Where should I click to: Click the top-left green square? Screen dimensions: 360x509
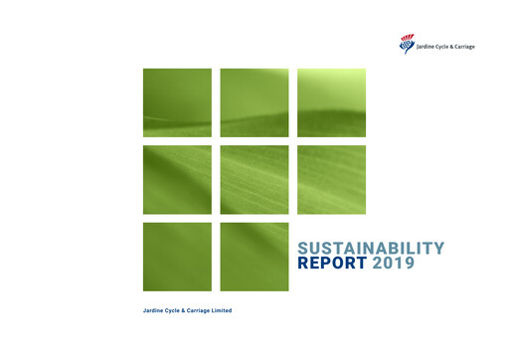[x=177, y=102]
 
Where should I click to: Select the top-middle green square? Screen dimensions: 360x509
[x=254, y=102]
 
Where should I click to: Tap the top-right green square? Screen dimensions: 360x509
[x=331, y=102]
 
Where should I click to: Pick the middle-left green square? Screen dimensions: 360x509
[x=177, y=180]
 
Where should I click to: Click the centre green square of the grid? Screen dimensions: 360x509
[x=254, y=180]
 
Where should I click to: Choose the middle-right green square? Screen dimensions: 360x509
[x=331, y=180]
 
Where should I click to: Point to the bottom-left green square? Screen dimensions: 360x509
[x=177, y=257]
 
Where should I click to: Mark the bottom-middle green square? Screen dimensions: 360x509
[x=254, y=257]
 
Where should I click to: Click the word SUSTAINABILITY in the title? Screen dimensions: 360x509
[x=371, y=249]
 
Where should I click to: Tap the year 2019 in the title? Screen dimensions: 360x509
[x=395, y=265]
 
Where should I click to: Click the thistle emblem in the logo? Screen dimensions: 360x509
[x=407, y=44]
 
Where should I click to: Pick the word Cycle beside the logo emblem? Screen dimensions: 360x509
[x=447, y=44]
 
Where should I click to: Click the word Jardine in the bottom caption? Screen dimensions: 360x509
[x=154, y=312]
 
